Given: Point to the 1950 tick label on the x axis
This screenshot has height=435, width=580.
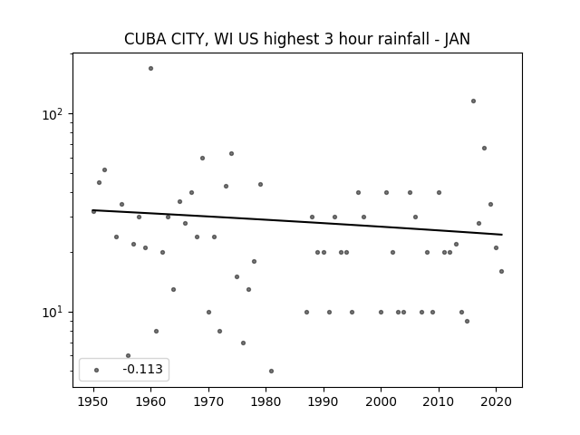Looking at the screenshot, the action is [x=93, y=401].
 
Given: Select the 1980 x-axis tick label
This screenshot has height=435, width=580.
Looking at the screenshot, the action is [x=266, y=401].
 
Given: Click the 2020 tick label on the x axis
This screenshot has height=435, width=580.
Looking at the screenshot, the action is [x=497, y=401].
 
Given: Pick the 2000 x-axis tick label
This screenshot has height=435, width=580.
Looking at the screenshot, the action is [x=381, y=401].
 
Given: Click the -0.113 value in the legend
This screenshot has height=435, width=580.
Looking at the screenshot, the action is [x=142, y=369].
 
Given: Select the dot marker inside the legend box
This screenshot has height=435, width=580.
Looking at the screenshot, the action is [x=97, y=370].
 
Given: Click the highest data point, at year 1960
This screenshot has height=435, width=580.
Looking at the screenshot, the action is [x=151, y=69].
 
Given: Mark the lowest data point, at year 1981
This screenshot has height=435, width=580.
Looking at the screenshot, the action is [x=272, y=371].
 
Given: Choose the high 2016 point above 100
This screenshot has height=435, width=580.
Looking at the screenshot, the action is [x=473, y=101].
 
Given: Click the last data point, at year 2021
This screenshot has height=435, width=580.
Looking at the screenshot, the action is [x=501, y=272].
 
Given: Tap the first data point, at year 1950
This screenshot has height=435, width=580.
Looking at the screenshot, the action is [x=93, y=211].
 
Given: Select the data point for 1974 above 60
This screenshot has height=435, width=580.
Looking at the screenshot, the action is [x=232, y=153].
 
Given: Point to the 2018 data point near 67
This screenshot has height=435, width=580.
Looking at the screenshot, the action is [x=485, y=149].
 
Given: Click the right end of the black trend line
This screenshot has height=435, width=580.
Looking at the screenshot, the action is [x=502, y=235].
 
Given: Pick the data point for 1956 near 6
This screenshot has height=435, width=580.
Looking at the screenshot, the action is [x=129, y=356].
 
